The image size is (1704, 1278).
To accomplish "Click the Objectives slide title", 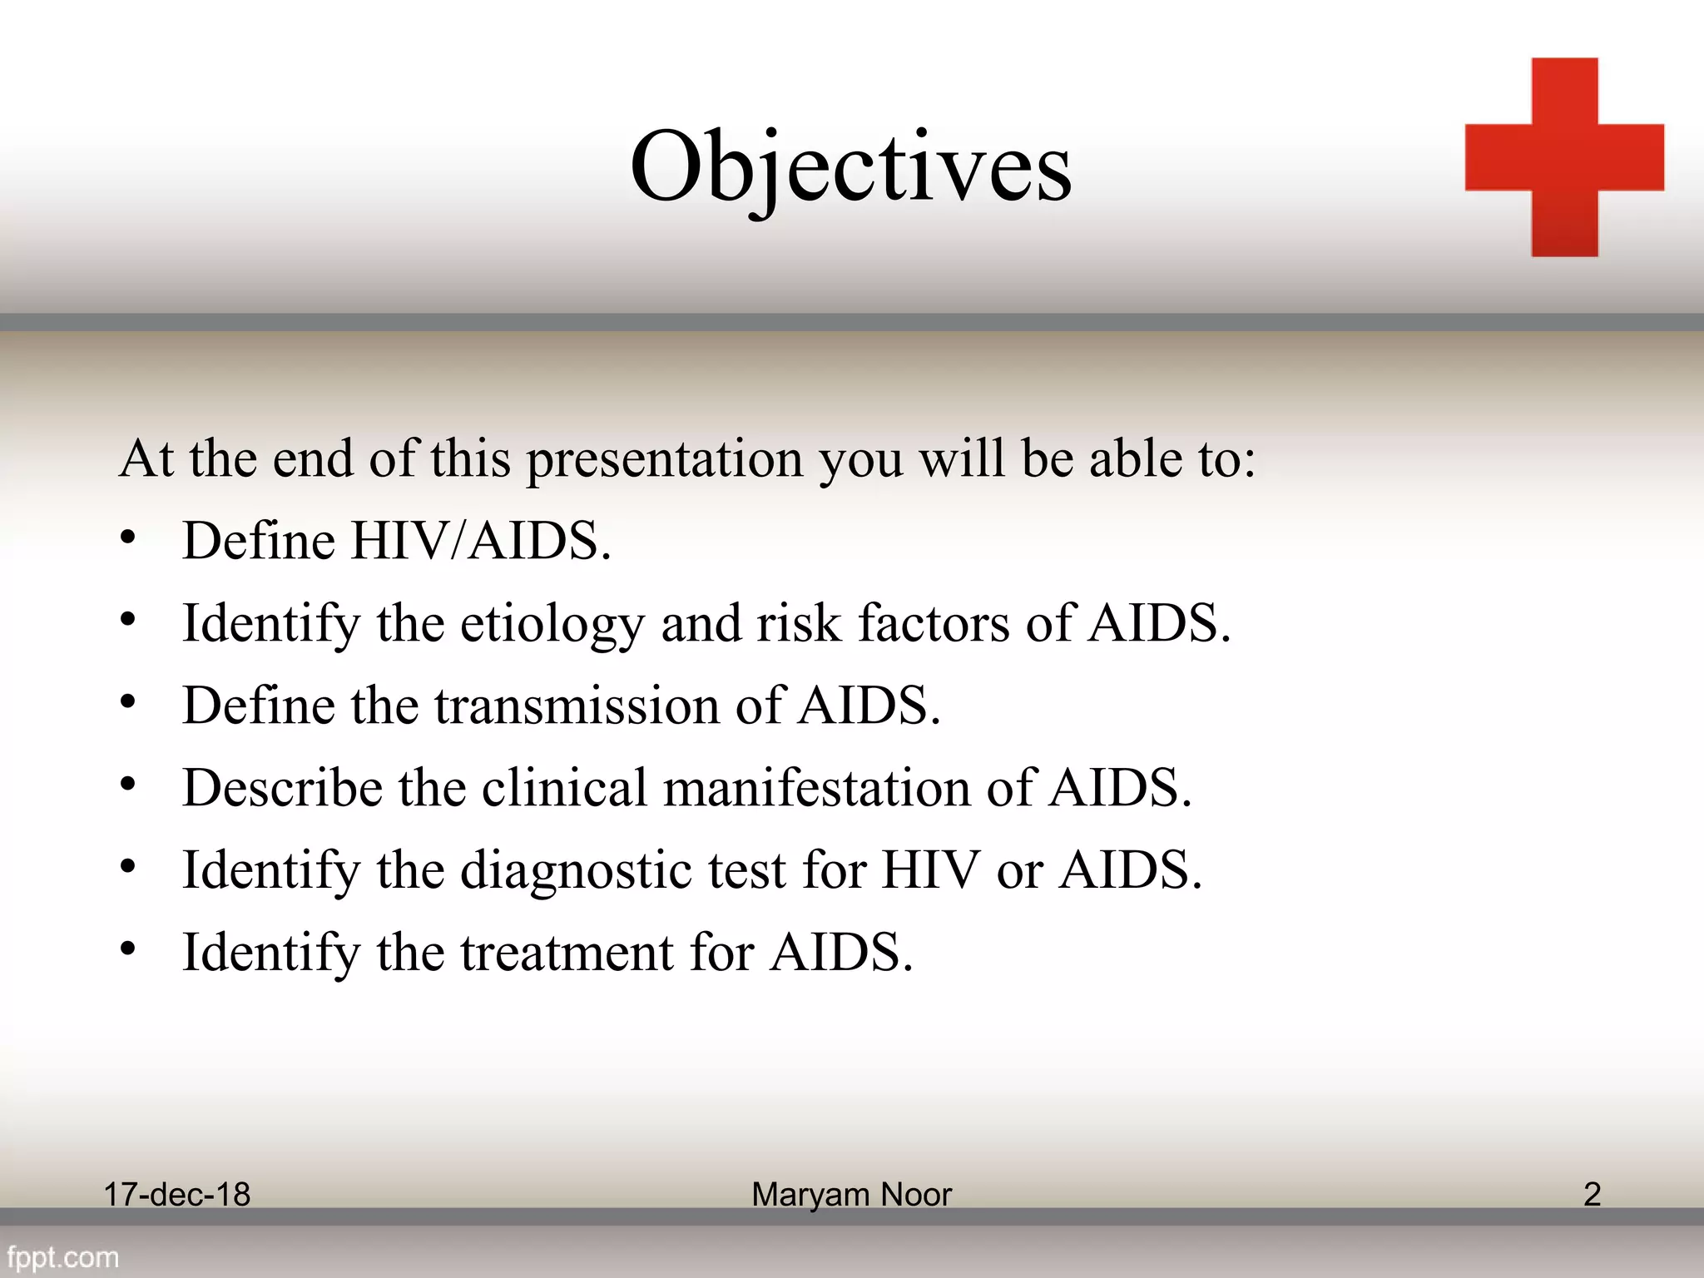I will point(850,169).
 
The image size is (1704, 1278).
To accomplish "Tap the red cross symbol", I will point(1564,157).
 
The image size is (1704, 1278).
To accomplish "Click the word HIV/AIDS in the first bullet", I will point(480,542).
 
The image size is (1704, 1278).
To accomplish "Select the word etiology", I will point(552,624).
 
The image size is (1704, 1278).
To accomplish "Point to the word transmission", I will point(576,706).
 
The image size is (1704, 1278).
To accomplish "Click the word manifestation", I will point(816,788).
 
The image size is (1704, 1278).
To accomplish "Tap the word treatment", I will point(567,953).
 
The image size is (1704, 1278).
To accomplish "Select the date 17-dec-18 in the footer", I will point(176,1195).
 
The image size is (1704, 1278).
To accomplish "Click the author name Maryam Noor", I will point(851,1195).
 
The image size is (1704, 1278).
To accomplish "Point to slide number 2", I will point(1592,1195).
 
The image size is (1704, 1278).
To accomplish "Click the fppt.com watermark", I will point(63,1257).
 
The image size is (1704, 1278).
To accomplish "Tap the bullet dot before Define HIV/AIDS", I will point(127,538).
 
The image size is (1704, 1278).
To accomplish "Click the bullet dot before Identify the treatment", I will point(127,949).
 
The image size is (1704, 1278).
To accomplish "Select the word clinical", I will point(564,788).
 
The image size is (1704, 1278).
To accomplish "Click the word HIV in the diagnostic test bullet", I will point(930,871).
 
